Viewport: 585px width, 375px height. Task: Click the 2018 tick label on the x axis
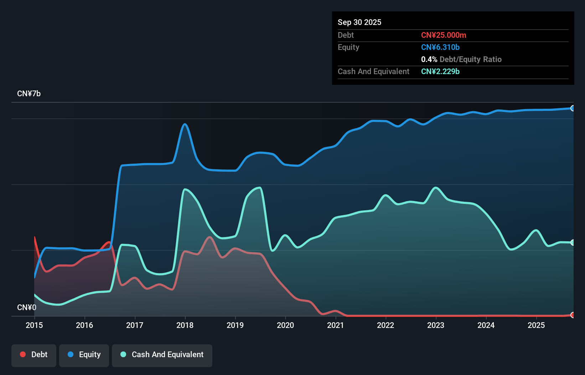[185, 325]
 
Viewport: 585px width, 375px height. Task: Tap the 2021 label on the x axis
[335, 325]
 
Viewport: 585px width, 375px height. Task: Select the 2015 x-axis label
[34, 325]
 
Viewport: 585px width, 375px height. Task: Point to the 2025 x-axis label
[536, 325]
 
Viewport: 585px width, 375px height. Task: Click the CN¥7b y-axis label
[29, 94]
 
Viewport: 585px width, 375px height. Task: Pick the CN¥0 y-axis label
[27, 307]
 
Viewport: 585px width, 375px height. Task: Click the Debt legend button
[34, 355]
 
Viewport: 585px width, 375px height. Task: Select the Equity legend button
[84, 355]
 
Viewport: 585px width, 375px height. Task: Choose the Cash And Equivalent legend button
[162, 355]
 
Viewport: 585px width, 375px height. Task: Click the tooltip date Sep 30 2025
[359, 22]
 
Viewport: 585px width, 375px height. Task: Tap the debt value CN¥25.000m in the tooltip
[444, 35]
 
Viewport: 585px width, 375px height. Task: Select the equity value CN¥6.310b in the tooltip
[440, 47]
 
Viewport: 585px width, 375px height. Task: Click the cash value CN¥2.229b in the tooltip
[440, 71]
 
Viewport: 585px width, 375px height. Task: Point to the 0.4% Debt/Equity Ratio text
[461, 59]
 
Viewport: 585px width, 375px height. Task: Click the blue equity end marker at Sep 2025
[573, 108]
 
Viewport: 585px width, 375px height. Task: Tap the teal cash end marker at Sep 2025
[573, 242]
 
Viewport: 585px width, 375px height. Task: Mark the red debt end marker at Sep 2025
[573, 315]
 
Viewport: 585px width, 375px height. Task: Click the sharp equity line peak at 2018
[185, 124]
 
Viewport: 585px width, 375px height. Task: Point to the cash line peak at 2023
[435, 187]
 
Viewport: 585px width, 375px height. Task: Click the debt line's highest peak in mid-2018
[209, 237]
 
